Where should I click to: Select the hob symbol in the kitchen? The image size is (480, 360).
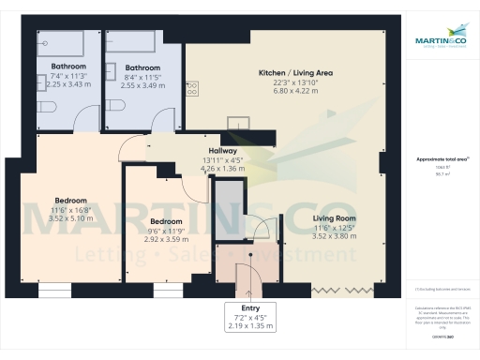point(193,88)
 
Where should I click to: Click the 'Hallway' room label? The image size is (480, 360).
point(222,151)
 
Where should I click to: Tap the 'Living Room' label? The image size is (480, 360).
point(335,218)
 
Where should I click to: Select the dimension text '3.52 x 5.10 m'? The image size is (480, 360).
point(70,219)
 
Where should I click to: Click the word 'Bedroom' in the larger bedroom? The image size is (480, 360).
point(70,201)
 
